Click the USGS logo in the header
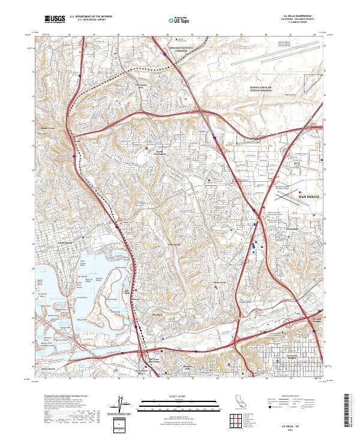(55, 20)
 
